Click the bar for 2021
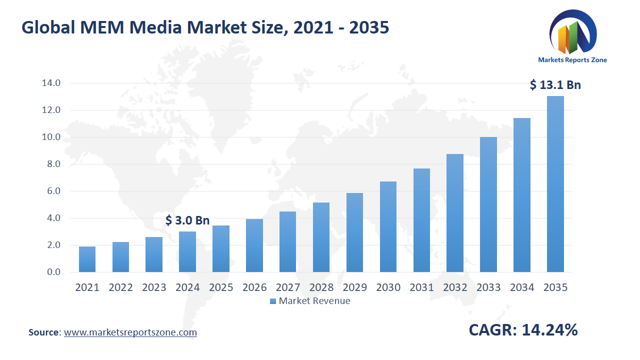pos(87,259)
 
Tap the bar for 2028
pos(321,237)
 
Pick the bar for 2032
pos(454,213)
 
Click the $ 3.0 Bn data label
pos(187,220)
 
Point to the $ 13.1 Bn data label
pos(555,85)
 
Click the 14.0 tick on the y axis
pos(50,83)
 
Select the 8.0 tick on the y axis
pos(50,164)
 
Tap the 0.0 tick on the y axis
pos(50,272)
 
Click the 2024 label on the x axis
pos(187,287)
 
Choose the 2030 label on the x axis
pos(388,287)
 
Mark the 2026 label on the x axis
pos(254,287)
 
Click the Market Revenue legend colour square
pos(272,301)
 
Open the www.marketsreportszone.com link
pos(130,332)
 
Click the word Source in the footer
pos(44,332)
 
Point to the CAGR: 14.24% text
pos(523,330)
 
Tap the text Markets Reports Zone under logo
pos(572,60)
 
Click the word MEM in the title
pos(100,27)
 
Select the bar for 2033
pos(488,204)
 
